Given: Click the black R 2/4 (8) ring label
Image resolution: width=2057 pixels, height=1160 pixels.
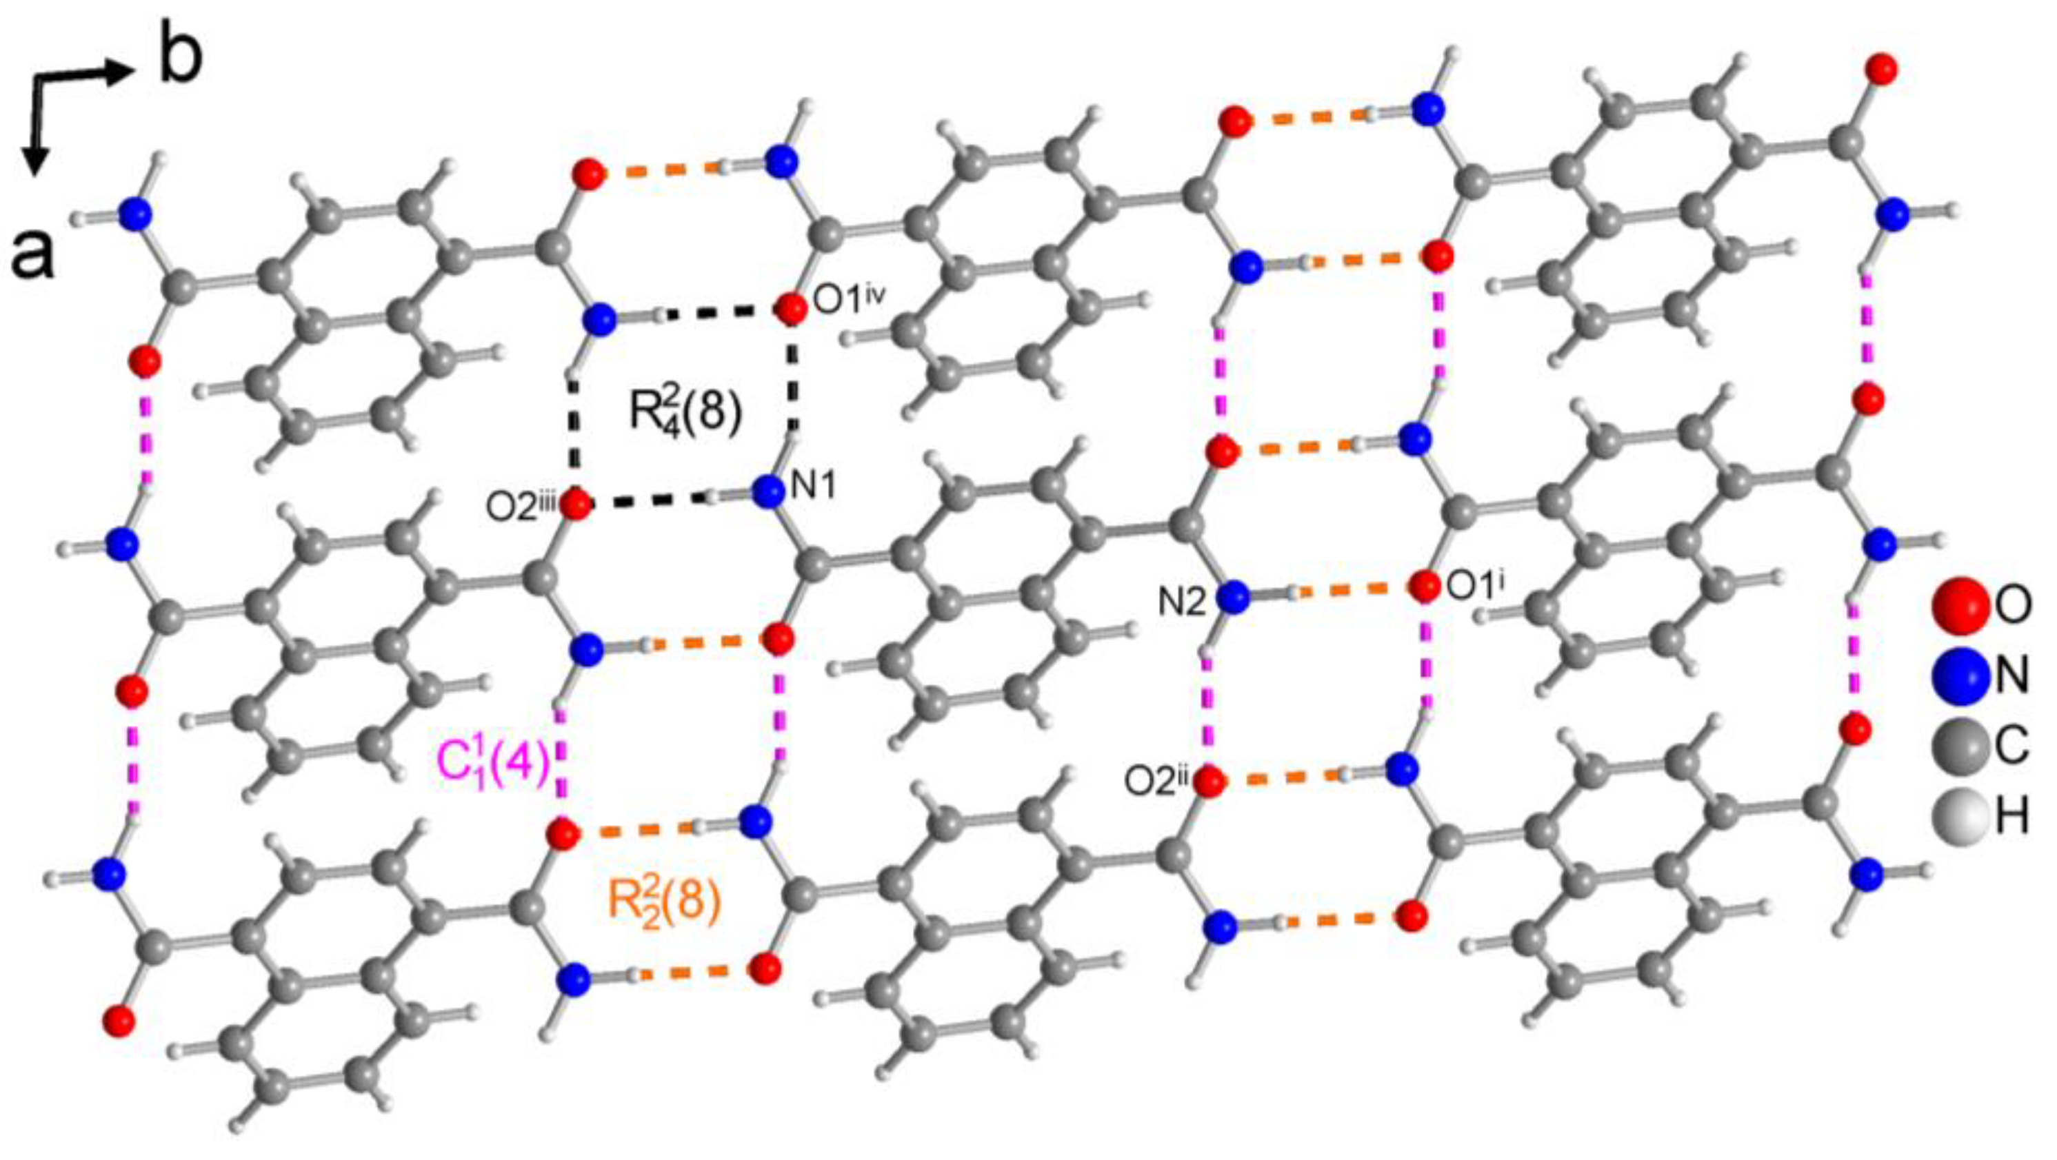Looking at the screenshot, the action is click(x=686, y=414).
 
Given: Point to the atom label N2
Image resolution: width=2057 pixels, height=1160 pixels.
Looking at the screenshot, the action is click(x=1183, y=603).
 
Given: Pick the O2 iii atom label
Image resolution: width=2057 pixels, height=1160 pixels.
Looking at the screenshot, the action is click(x=522, y=509).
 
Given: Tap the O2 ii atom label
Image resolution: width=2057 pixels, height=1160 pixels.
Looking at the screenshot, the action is click(x=1158, y=782).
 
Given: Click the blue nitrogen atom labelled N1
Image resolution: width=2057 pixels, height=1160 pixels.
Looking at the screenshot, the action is click(x=768, y=491).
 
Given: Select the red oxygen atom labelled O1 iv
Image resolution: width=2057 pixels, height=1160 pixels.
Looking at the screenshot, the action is click(x=790, y=309).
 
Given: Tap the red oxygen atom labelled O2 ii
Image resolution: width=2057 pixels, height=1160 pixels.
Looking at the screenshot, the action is click(x=1210, y=781).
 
